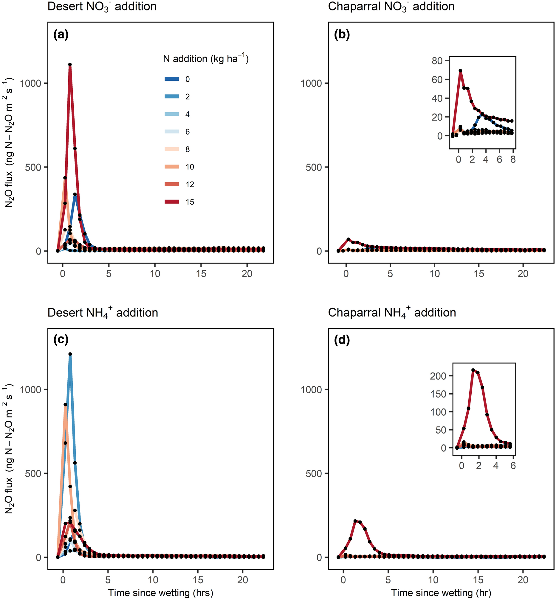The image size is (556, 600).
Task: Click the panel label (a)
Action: pyautogui.click(x=61, y=35)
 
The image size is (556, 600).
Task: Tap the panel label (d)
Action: pyautogui.click(x=342, y=340)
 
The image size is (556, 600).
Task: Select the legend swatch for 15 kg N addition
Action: pyautogui.click(x=172, y=202)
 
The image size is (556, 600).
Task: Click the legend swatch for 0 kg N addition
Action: pyautogui.click(x=172, y=79)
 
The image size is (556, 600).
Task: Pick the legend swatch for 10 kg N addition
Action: pyautogui.click(x=172, y=167)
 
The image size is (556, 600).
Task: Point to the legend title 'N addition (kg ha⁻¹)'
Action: pyautogui.click(x=206, y=58)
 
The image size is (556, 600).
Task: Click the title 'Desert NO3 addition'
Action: pyautogui.click(x=102, y=7)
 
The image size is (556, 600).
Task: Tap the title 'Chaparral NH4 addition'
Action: pyautogui.click(x=392, y=313)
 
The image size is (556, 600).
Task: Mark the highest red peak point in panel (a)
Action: pyautogui.click(x=70, y=65)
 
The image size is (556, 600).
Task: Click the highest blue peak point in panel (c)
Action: pyautogui.click(x=70, y=354)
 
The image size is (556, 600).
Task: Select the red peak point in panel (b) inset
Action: pyautogui.click(x=460, y=71)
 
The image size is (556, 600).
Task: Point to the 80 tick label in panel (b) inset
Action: pyautogui.click(x=437, y=61)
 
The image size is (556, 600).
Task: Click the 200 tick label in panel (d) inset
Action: pyautogui.click(x=438, y=376)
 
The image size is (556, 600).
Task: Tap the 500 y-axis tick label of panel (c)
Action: pyautogui.click(x=33, y=473)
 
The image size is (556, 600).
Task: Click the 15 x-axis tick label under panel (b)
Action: pyautogui.click(x=479, y=274)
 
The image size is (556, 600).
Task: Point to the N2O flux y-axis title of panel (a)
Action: pyautogui.click(x=9, y=142)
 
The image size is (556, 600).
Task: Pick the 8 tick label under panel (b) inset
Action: pyautogui.click(x=513, y=160)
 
